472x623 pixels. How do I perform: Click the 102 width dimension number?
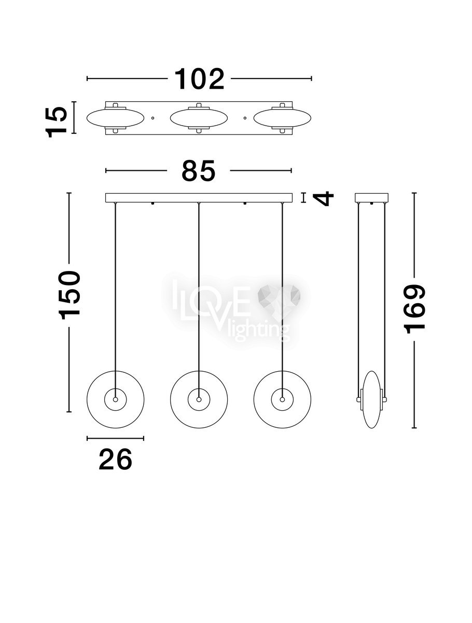click(x=199, y=79)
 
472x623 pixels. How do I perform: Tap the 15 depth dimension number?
click(x=56, y=122)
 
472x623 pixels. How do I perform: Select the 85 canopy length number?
click(x=199, y=171)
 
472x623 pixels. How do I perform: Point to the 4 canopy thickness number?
click(x=324, y=198)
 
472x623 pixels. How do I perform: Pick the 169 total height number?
click(x=414, y=309)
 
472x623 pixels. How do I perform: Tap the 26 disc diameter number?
click(x=115, y=459)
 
